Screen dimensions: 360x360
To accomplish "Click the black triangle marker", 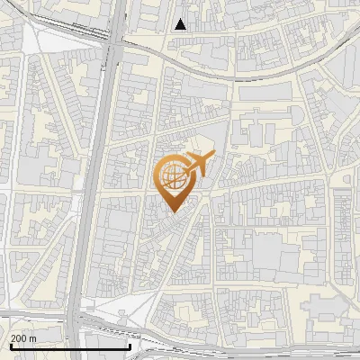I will (x=181, y=24).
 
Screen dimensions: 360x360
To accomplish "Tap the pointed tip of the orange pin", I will (x=171, y=211).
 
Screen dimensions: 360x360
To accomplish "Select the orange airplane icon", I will (x=198, y=165).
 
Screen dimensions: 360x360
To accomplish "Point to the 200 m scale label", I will (x=23, y=337).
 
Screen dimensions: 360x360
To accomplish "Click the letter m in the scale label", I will (x=32, y=337).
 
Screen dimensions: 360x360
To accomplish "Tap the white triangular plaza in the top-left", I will (x=45, y=40).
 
